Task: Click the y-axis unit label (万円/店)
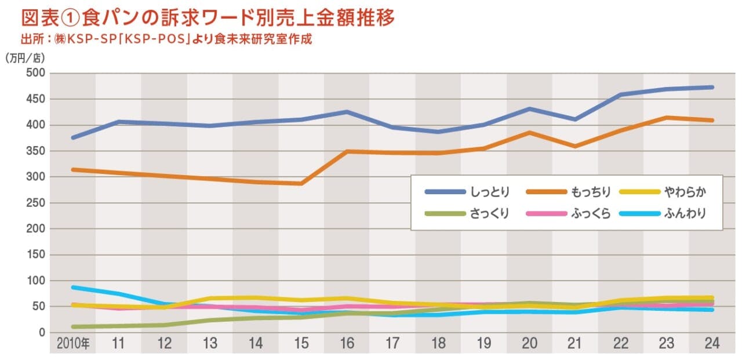click(25, 58)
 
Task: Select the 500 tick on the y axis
click(36, 74)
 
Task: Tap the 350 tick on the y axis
click(36, 151)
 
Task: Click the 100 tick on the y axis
click(36, 281)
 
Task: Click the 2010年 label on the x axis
click(73, 344)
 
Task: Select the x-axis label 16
click(347, 344)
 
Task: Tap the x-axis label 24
click(712, 344)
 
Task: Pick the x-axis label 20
click(529, 344)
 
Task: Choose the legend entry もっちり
click(591, 192)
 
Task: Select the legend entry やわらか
click(686, 192)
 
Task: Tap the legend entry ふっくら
click(591, 213)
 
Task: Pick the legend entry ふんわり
click(686, 213)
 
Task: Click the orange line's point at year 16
click(347, 151)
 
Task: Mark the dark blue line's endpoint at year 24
click(712, 88)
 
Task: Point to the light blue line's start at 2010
click(73, 287)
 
